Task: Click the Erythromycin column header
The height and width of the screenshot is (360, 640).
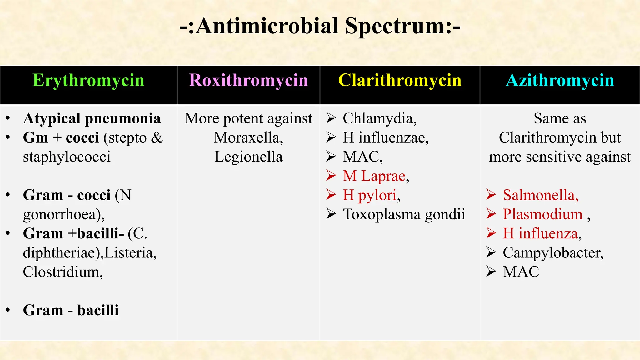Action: pyautogui.click(x=88, y=80)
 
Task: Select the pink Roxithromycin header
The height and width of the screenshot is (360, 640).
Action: pyautogui.click(x=248, y=80)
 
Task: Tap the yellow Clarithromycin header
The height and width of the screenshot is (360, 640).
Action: pyautogui.click(x=400, y=80)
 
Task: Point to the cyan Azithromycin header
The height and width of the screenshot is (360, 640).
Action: pyautogui.click(x=560, y=80)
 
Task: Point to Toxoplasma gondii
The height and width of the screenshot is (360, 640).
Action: pyautogui.click(x=404, y=214)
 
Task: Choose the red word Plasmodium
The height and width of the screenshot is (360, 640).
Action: pyautogui.click(x=542, y=214)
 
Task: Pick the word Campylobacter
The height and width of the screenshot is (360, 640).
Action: pyautogui.click(x=553, y=253)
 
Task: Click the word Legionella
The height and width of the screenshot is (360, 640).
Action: pyautogui.click(x=248, y=157)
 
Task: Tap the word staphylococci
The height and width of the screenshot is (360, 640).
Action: pyautogui.click(x=67, y=157)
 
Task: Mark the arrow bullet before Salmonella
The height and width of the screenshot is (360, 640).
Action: pyautogui.click(x=491, y=195)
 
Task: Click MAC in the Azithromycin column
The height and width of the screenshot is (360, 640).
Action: pyautogui.click(x=521, y=272)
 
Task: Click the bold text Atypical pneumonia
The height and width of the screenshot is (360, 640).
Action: pyautogui.click(x=92, y=118)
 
